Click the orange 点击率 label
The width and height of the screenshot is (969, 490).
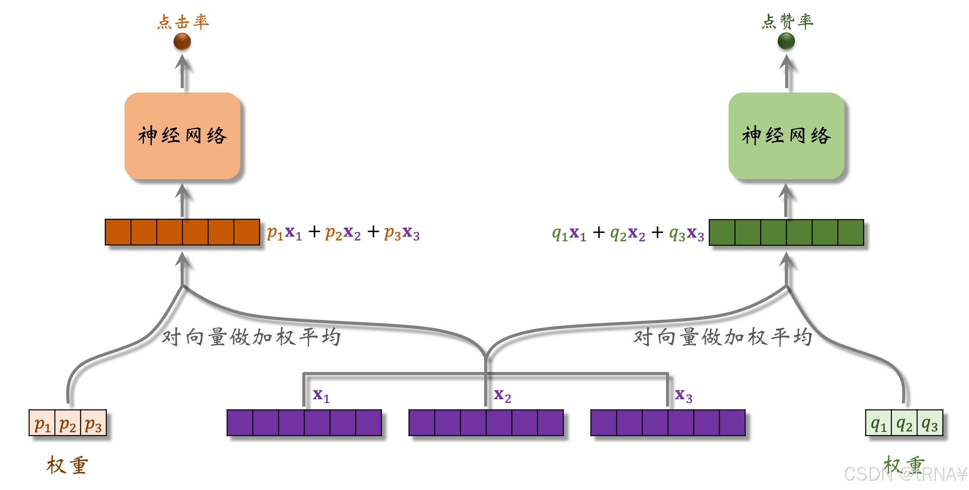183,22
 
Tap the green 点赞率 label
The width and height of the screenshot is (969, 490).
787,21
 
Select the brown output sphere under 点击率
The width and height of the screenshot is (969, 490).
182,41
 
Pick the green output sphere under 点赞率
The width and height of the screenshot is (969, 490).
786,41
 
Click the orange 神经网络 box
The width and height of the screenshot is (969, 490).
182,136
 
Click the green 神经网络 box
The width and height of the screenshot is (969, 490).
786,136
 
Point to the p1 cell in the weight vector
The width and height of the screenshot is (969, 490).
42,423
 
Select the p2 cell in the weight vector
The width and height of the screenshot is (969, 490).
68,423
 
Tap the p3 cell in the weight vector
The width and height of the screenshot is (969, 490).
93,423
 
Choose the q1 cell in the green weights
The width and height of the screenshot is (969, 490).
878,423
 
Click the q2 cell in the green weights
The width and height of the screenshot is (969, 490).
904,423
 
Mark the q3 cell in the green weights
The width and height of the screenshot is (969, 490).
930,423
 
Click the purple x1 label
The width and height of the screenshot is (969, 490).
321,396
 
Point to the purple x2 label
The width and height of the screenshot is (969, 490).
502,396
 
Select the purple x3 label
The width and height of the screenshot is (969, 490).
683,396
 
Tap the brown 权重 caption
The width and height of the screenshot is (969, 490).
67,465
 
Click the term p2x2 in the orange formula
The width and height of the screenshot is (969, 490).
343,233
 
